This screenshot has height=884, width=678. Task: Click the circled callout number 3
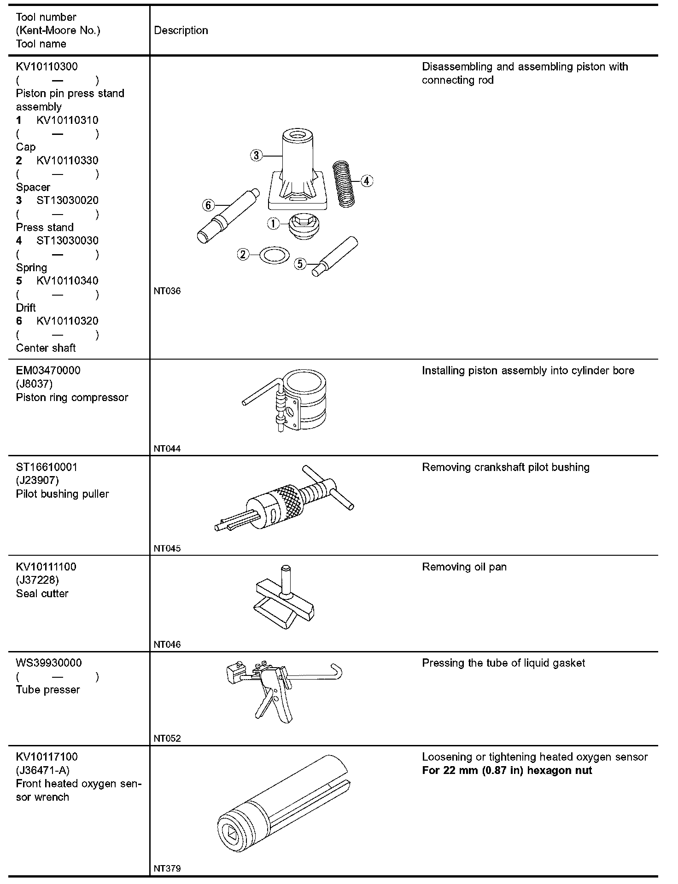(256, 155)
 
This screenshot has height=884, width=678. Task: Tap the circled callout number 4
(367, 181)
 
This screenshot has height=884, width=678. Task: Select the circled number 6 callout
(209, 205)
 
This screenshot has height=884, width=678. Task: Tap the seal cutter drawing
(285, 598)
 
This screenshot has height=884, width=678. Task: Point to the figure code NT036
(167, 291)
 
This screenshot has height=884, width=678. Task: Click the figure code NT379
(167, 869)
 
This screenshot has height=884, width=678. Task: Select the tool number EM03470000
(48, 371)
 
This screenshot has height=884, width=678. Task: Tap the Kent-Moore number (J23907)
(37, 481)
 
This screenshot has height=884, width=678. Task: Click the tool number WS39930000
(49, 663)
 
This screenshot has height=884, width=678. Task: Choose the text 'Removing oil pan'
(464, 567)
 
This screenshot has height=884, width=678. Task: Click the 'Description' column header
(181, 30)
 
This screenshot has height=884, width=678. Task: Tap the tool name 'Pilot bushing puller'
(62, 494)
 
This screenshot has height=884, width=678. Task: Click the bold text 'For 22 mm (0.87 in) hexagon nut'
(507, 771)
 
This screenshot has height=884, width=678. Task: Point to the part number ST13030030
(67, 241)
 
